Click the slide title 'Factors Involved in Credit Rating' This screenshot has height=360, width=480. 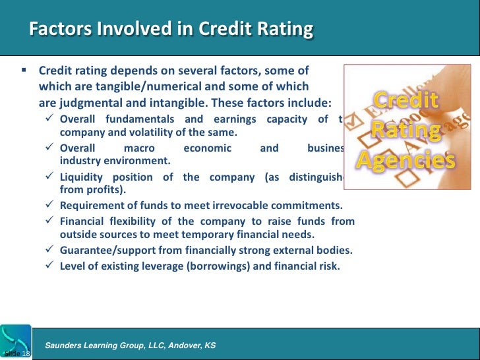[x=171, y=30]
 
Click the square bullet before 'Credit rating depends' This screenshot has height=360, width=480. [x=23, y=69]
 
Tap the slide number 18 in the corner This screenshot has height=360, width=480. [x=26, y=355]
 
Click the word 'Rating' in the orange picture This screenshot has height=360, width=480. [x=406, y=129]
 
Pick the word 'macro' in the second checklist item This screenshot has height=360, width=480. [x=139, y=148]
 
